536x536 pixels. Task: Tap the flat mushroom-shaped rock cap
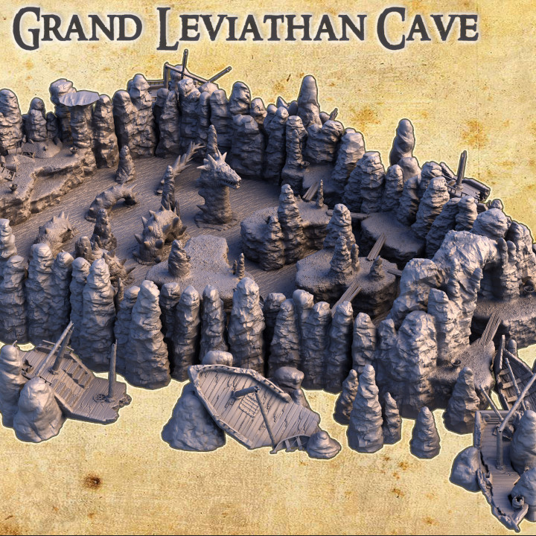tap(78, 98)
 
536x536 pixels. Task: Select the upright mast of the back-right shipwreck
tap(461, 168)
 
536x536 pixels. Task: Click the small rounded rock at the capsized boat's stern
tap(323, 444)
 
